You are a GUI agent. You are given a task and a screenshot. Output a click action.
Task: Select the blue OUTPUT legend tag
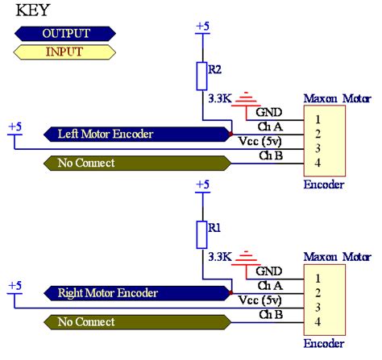[x=64, y=33]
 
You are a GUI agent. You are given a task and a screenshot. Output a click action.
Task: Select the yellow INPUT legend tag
[x=64, y=52]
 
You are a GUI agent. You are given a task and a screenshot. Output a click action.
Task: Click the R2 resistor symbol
[x=201, y=76]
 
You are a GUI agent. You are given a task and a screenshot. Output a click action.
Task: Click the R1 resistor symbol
[x=201, y=234]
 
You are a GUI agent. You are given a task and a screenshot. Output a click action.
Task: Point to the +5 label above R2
[x=202, y=27]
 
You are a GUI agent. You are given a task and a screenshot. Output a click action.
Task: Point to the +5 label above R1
[x=202, y=185]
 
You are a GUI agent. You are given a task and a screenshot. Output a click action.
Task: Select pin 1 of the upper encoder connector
[x=318, y=118]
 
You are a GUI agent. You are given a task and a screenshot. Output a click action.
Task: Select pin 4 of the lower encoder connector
[x=318, y=322]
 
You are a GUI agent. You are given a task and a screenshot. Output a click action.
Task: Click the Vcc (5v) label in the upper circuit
[x=259, y=142]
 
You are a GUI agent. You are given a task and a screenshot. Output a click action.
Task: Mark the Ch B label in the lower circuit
[x=270, y=313]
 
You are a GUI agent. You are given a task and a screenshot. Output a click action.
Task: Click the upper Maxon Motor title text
[x=336, y=99]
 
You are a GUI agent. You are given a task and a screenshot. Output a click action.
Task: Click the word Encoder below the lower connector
[x=324, y=343]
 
